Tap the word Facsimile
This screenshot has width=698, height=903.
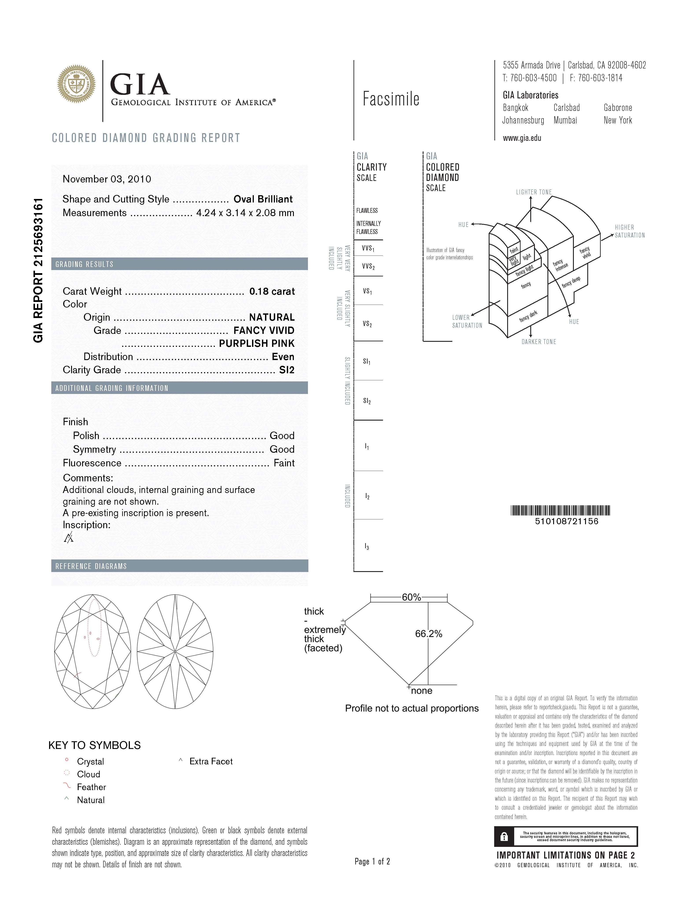pyautogui.click(x=391, y=99)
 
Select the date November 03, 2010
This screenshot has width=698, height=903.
pyautogui.click(x=107, y=179)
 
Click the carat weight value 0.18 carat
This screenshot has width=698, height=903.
pyautogui.click(x=272, y=291)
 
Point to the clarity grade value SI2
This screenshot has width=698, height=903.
pyautogui.click(x=287, y=370)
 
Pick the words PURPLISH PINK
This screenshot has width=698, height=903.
pyautogui.click(x=256, y=344)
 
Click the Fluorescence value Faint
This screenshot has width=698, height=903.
pyautogui.click(x=284, y=463)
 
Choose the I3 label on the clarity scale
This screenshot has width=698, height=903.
pyautogui.click(x=367, y=547)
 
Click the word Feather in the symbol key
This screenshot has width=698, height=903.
pyautogui.click(x=91, y=787)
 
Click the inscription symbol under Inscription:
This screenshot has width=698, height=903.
pyautogui.click(x=69, y=537)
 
